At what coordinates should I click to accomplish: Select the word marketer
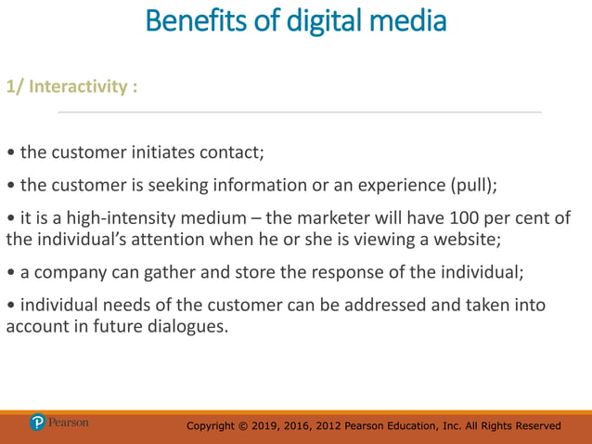click(x=342, y=219)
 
